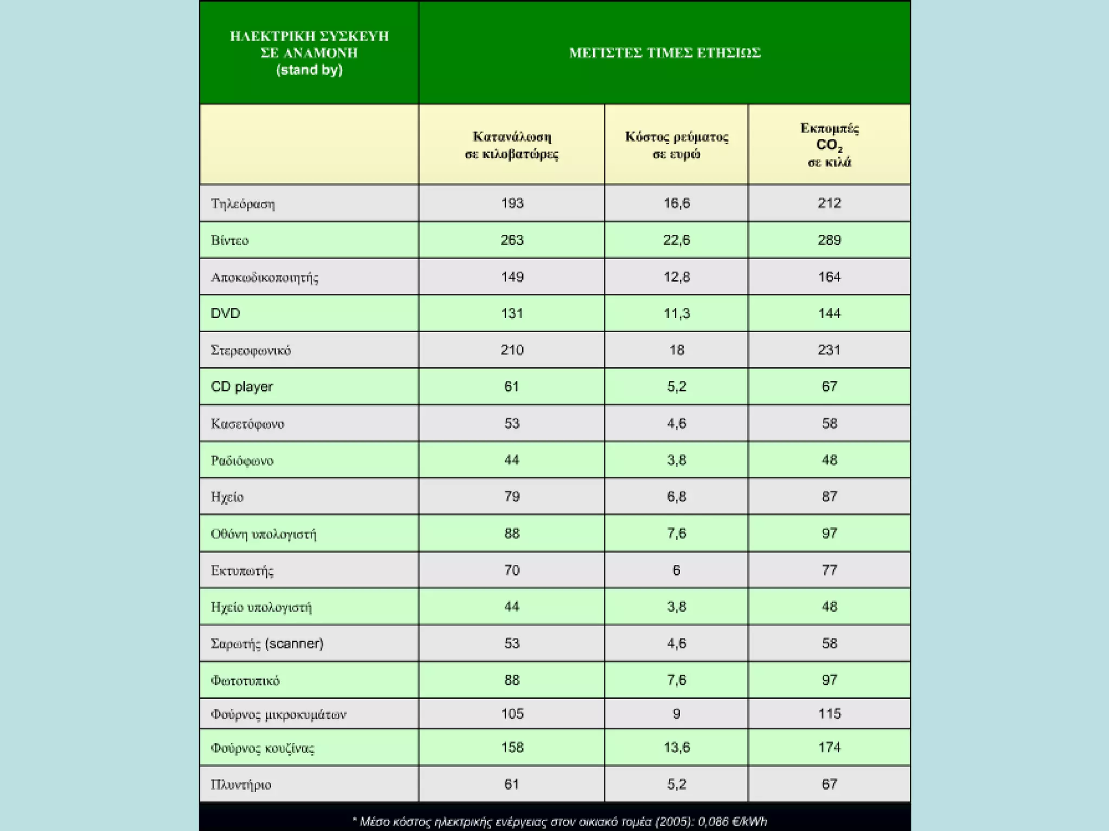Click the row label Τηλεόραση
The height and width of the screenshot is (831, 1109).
click(243, 204)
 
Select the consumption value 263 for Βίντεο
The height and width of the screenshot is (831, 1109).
click(512, 240)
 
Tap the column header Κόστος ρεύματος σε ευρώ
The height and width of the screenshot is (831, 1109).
click(676, 145)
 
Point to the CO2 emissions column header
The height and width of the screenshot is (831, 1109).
click(829, 145)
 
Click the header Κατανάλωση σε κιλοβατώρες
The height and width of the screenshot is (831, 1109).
click(512, 145)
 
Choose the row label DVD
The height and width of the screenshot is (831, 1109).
click(225, 314)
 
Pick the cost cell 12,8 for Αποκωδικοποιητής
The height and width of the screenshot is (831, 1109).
click(676, 277)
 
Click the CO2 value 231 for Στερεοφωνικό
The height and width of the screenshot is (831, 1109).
click(829, 350)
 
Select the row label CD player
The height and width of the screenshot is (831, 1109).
click(242, 387)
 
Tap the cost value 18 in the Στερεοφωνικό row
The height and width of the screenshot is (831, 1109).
click(676, 350)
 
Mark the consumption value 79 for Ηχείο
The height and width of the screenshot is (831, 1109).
click(512, 497)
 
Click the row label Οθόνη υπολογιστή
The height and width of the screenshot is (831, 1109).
click(263, 534)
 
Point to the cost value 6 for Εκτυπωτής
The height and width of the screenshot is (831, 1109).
click(676, 570)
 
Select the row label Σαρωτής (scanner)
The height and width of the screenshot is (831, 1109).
click(267, 644)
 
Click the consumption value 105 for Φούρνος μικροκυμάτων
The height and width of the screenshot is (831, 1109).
click(512, 714)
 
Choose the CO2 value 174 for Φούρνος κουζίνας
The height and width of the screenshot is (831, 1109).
click(829, 748)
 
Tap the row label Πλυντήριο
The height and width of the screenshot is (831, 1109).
click(241, 784)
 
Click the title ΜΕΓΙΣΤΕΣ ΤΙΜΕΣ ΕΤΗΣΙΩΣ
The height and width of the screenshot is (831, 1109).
click(664, 53)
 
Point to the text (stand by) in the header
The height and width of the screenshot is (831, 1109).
click(309, 70)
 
